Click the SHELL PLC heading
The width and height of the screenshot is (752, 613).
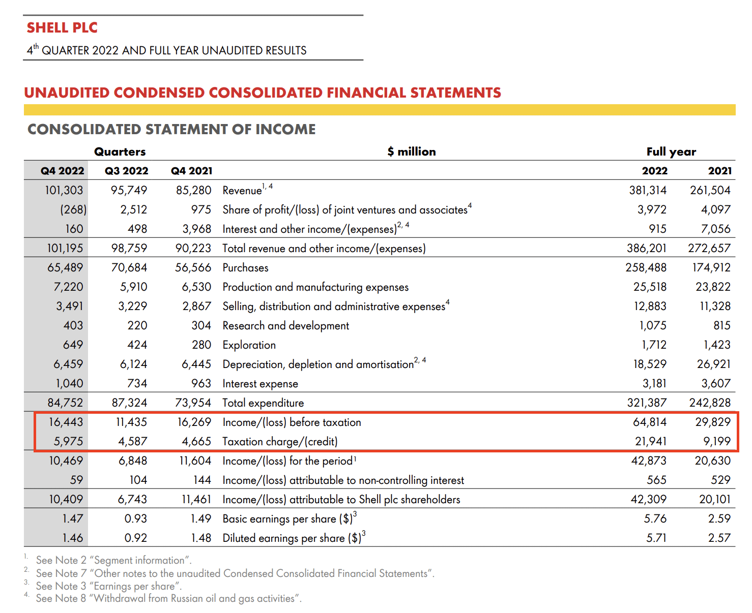coord(62,27)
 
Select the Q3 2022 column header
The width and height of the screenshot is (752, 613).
coord(126,171)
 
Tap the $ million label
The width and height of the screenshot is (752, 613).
coord(411,151)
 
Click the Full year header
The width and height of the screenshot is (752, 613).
coord(671,151)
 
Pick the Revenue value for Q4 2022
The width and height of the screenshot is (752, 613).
coord(64,190)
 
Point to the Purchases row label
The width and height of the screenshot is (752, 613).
coord(245,267)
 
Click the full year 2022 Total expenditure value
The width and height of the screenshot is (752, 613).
coord(646,403)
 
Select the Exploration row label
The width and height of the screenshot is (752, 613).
coord(249,345)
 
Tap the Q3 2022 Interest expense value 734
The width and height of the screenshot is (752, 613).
coord(137,383)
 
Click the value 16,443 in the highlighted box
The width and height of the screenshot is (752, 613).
coord(66,422)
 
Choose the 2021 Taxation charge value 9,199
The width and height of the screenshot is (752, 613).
coord(717,441)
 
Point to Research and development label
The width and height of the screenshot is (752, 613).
coord(285,325)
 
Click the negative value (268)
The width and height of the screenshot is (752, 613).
coord(73,209)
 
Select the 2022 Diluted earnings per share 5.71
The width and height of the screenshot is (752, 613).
coord(656,538)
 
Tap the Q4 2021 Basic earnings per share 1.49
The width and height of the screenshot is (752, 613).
coord(201,518)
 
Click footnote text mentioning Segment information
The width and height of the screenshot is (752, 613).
coord(113,560)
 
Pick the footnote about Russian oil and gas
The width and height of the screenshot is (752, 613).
coord(168,598)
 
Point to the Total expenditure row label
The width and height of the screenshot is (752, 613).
coord(263,403)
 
